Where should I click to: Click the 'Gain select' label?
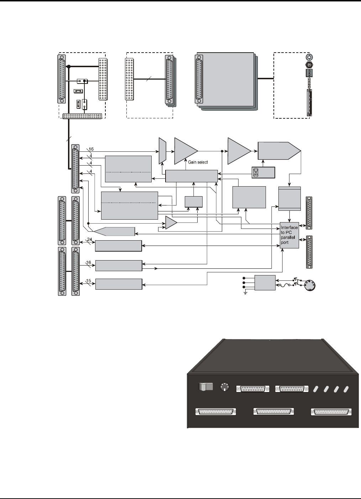tap(198, 162)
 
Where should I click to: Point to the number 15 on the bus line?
tap(89, 281)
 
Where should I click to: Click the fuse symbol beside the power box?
tap(283, 285)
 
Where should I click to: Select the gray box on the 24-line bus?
tap(119, 246)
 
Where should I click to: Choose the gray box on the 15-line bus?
tap(119, 284)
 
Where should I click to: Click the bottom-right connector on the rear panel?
tap(332, 412)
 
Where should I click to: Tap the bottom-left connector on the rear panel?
tap(215, 412)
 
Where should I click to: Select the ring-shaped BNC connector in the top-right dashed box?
tap(309, 57)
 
